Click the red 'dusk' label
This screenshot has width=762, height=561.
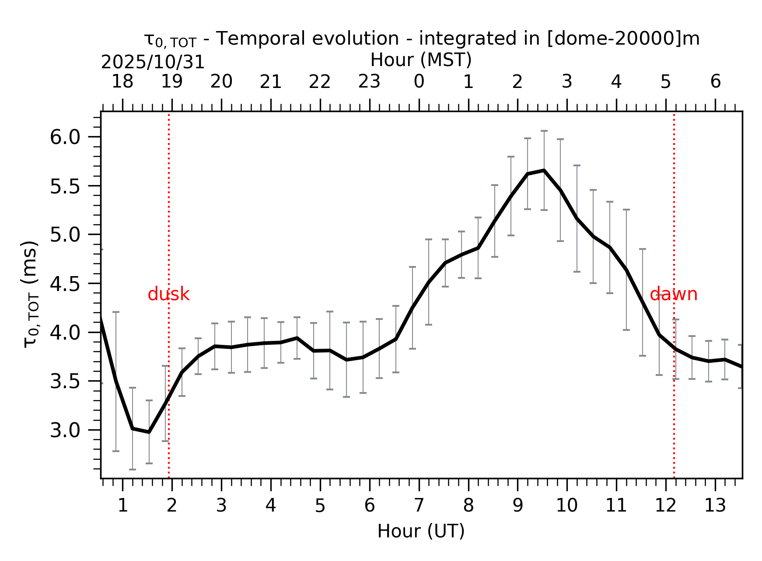[168, 295]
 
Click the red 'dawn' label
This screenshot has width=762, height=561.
[673, 295]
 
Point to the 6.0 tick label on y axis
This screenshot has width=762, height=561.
[66, 137]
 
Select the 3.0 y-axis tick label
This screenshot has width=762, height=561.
[66, 431]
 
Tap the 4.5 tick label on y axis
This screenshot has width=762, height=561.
[66, 284]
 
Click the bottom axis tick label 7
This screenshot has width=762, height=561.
[419, 506]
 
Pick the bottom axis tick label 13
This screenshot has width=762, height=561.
[715, 506]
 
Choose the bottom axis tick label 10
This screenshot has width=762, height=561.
[566, 506]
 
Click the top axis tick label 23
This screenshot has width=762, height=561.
[369, 82]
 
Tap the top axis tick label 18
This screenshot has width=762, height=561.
[122, 82]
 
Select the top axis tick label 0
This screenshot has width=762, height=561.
[419, 82]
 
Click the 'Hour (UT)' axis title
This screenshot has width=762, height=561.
[421, 531]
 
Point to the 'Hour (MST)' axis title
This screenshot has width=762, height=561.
[421, 60]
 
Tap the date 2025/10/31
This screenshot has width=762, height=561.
[153, 63]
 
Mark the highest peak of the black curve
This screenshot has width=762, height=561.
[544, 170]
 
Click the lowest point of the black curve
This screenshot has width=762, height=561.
[149, 432]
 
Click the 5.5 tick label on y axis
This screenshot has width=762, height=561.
[66, 187]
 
